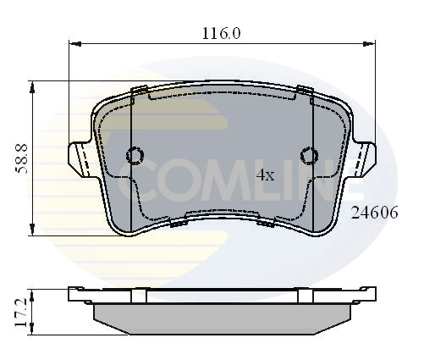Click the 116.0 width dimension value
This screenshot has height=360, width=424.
tap(223, 34)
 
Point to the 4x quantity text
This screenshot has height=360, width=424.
tap(266, 175)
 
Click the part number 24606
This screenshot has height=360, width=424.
tap(374, 213)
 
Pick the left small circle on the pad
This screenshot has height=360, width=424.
tap(134, 155)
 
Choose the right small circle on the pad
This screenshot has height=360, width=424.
tap(310, 155)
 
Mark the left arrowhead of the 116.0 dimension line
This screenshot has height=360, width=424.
tap(72, 43)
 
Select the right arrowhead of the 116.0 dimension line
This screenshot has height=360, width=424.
tap(373, 43)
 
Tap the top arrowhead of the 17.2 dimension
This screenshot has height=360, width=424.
tap(33, 292)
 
